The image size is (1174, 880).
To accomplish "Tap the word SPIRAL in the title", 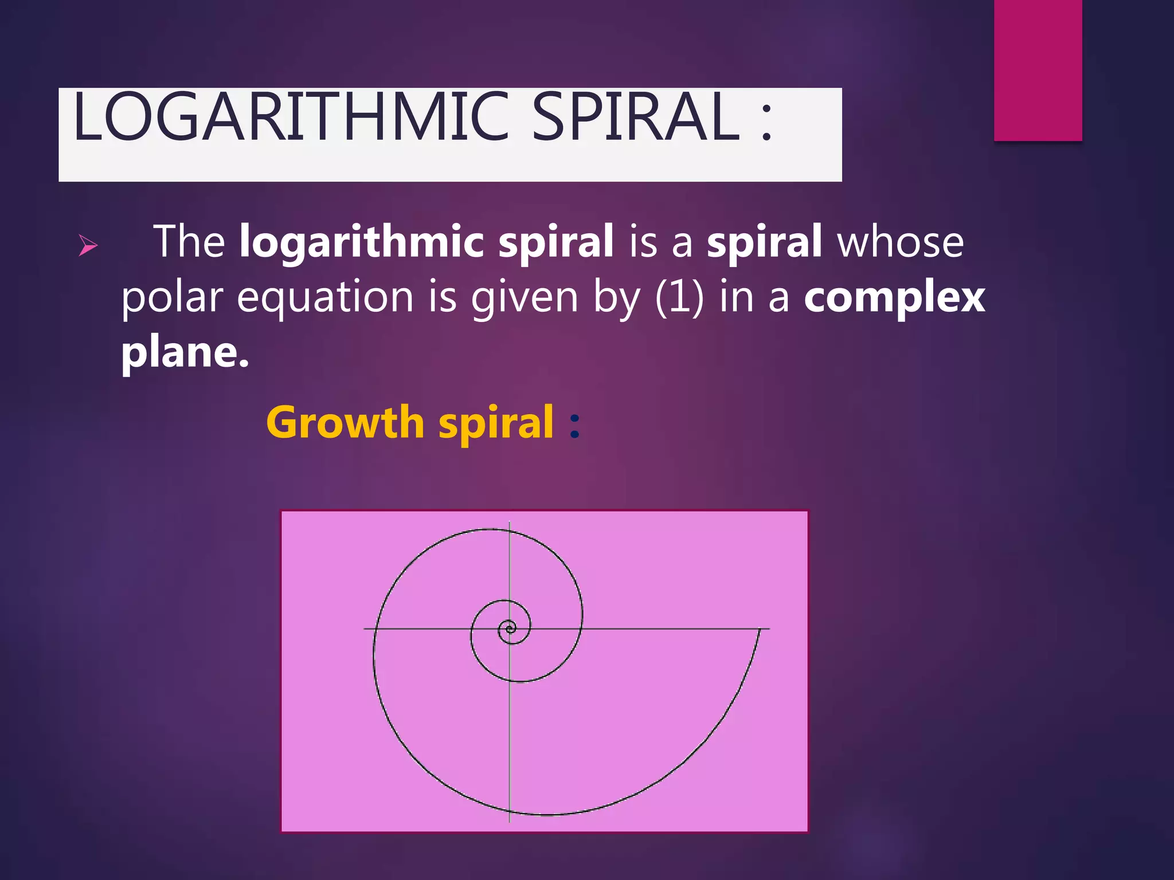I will click(x=636, y=117).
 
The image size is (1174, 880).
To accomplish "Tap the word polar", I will click(x=171, y=298).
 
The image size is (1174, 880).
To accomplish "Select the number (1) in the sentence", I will click(x=679, y=298).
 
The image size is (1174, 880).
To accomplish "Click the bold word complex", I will click(x=894, y=298).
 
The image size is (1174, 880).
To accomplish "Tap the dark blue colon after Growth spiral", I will click(x=575, y=425).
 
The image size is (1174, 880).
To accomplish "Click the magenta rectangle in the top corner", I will click(x=1038, y=70).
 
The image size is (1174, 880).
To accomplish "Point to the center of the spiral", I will click(x=509, y=629).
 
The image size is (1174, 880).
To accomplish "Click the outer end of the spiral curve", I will click(x=760, y=630).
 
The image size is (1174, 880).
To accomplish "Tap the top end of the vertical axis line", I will click(x=509, y=522).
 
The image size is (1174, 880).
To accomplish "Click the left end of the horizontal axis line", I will click(x=365, y=629).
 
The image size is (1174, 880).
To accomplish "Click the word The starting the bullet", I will click(x=189, y=242).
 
